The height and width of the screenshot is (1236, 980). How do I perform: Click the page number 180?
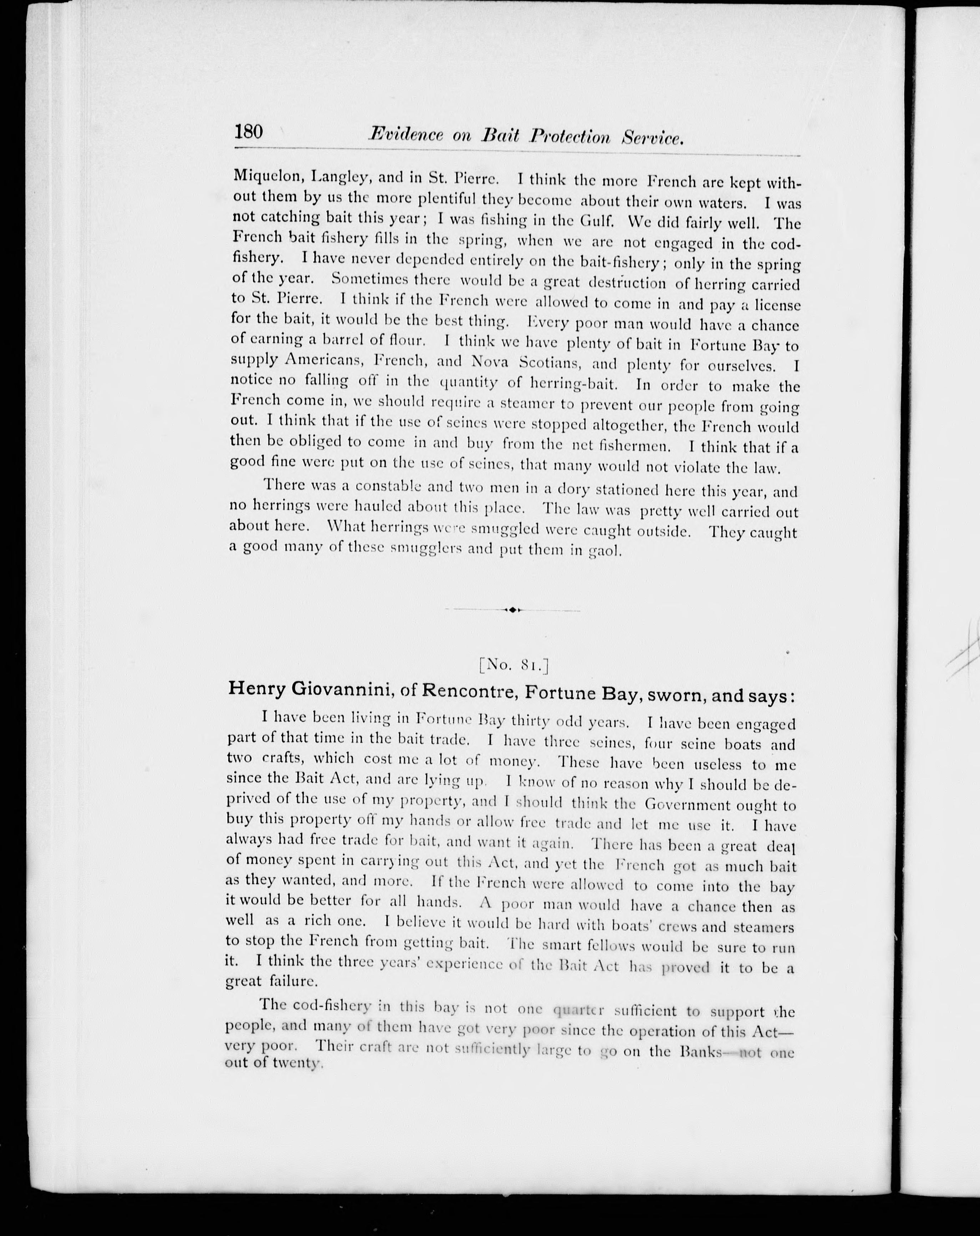248,132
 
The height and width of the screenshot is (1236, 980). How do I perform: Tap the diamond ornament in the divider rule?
513,609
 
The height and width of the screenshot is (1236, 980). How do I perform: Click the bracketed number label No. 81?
514,665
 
